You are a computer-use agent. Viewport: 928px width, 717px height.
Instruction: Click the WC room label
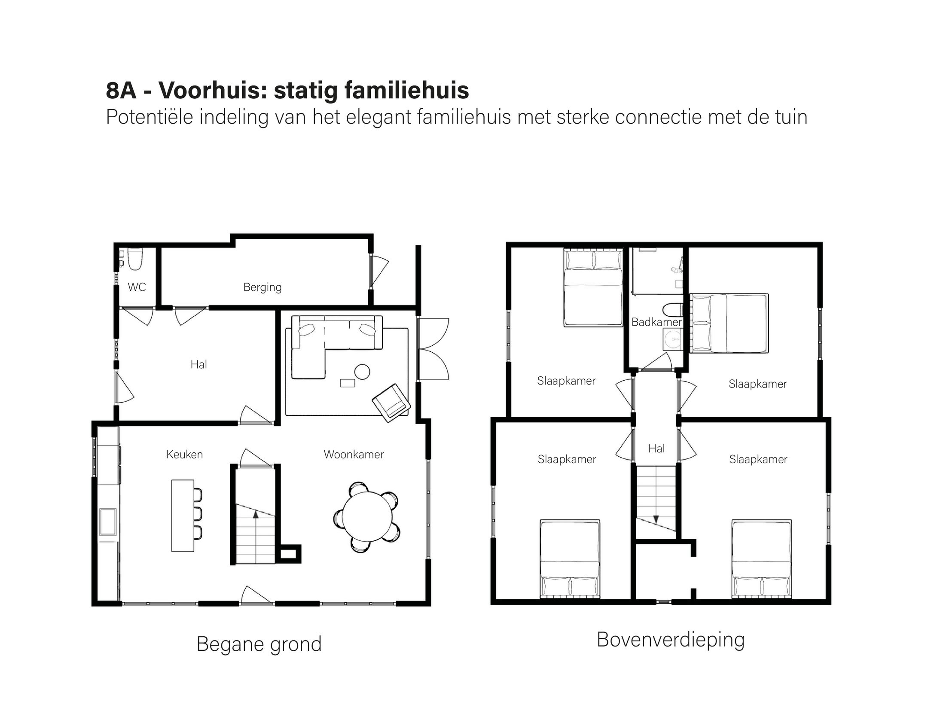pyautogui.click(x=137, y=287)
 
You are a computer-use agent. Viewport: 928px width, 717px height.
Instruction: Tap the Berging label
pyautogui.click(x=263, y=287)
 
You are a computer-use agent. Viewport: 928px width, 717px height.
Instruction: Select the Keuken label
pyautogui.click(x=184, y=454)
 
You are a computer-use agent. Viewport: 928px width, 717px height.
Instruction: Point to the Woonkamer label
pyautogui.click(x=354, y=454)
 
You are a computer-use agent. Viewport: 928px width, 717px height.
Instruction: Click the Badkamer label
pyautogui.click(x=656, y=322)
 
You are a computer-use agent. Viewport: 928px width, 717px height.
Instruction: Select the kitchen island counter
pyautogui.click(x=183, y=515)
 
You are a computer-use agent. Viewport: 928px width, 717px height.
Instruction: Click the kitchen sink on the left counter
pyautogui.click(x=108, y=522)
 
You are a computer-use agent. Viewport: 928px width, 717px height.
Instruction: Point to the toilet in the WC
pyautogui.click(x=135, y=259)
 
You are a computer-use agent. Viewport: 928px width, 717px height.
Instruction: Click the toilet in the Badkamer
pyautogui.click(x=672, y=309)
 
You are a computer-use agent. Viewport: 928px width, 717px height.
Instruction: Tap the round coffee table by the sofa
pyautogui.click(x=362, y=372)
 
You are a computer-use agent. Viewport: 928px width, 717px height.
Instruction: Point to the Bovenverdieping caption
pyautogui.click(x=671, y=640)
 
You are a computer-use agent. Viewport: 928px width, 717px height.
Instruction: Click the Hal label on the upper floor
pyautogui.click(x=656, y=449)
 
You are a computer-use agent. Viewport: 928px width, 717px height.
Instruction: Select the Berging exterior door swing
pyautogui.click(x=379, y=270)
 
